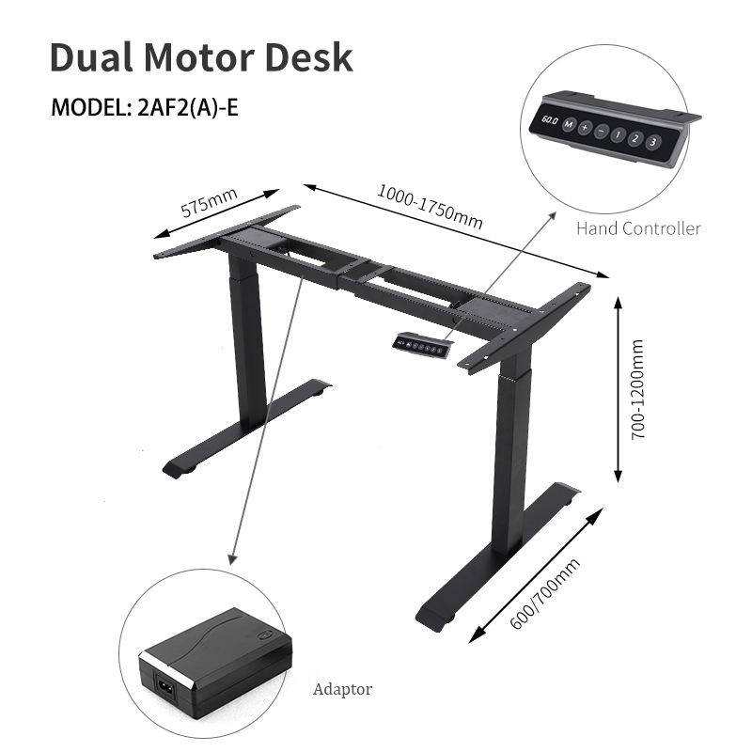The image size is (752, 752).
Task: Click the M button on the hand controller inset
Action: [570, 125]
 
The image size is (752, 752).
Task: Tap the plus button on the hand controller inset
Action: [585, 129]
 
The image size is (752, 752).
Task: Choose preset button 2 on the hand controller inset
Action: [636, 139]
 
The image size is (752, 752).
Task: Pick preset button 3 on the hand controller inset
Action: [654, 143]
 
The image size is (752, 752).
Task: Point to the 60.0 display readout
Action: [549, 121]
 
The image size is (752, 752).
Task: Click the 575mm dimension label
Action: [209, 204]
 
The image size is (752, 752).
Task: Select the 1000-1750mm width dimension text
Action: [430, 207]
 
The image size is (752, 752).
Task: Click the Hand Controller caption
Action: [638, 228]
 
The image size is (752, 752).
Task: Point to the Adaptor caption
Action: [342, 689]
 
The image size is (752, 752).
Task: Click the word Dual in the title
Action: [89, 57]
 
